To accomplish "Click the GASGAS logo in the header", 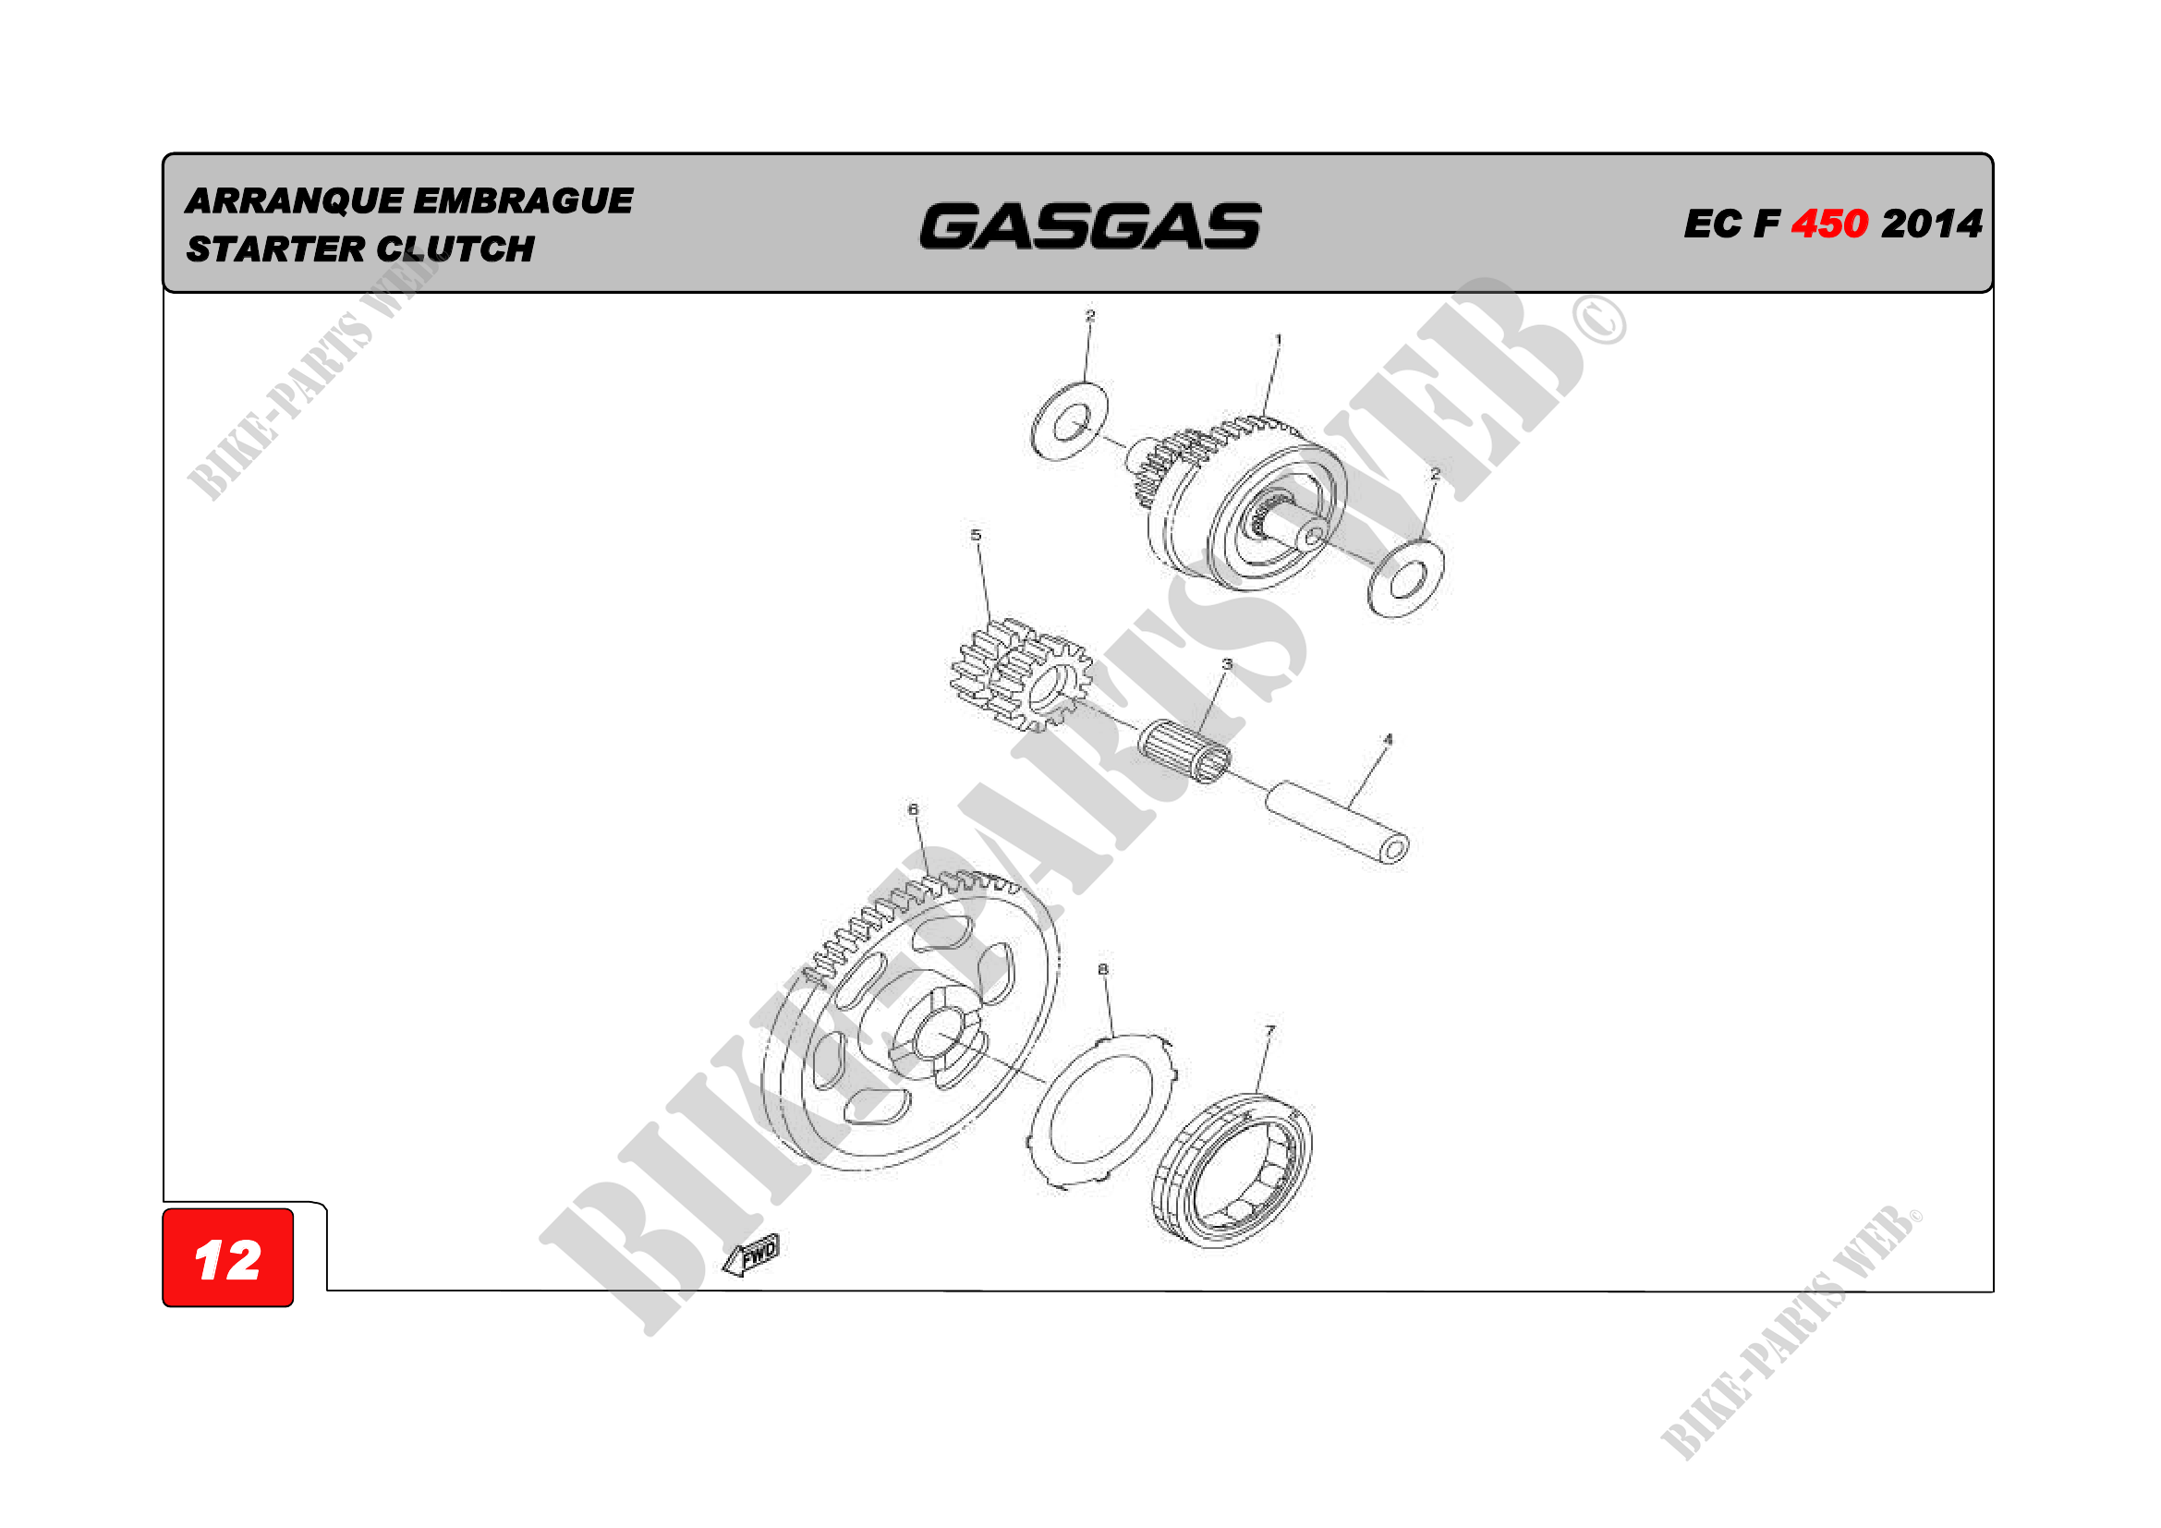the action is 1090,226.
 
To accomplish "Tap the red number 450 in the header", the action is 1828,224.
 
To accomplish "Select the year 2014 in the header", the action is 1931,224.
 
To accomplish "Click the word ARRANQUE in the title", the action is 295,201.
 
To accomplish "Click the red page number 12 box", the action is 228,1258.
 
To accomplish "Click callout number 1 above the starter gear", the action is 1277,340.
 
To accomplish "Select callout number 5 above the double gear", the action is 976,536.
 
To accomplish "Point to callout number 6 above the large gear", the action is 913,809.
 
